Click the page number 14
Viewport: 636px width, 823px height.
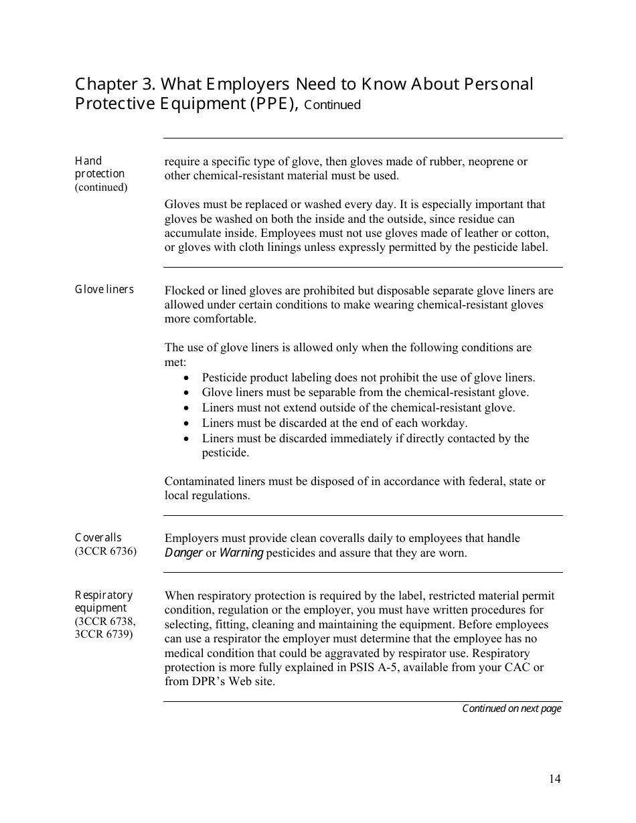[x=555, y=778]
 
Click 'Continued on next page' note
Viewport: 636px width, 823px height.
[x=511, y=709]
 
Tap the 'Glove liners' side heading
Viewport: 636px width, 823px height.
[x=104, y=290]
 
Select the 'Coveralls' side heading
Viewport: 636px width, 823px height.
[x=98, y=538]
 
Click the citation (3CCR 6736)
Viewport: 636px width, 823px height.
[x=105, y=551]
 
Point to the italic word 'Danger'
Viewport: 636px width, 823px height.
[x=183, y=553]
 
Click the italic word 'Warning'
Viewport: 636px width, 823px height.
[x=241, y=553]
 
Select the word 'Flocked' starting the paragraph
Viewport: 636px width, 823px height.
[x=185, y=290]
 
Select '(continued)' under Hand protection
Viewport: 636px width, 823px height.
[x=100, y=187]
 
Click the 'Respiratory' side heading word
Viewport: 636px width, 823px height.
[x=104, y=596]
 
